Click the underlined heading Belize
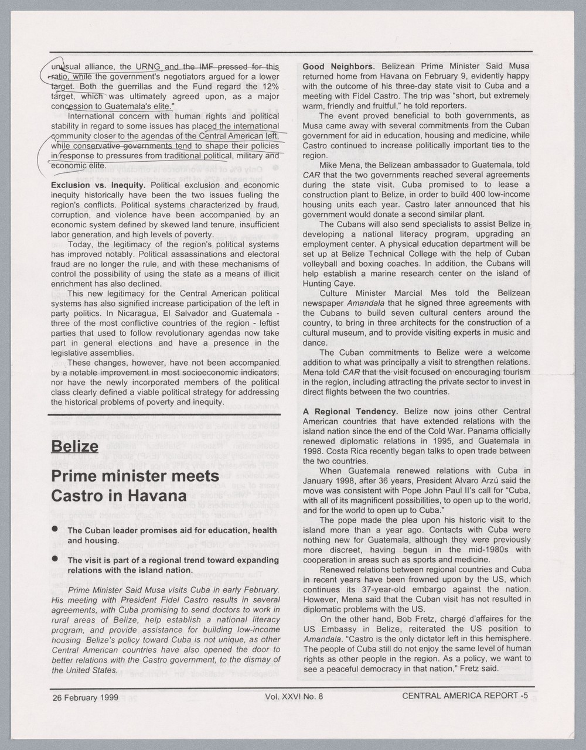coord(74,446)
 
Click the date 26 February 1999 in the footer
coord(85,697)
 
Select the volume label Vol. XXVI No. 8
coord(294,697)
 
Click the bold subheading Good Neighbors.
coord(338,66)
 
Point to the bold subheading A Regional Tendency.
coord(350,411)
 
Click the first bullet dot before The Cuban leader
coord(55,529)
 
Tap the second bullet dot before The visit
coord(55,559)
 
